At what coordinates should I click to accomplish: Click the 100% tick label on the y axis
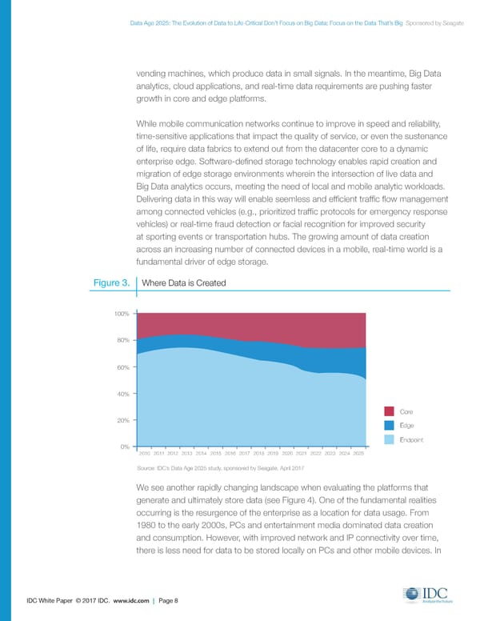click(122, 314)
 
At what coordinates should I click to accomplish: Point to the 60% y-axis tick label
click(124, 367)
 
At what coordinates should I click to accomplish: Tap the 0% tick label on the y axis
click(126, 446)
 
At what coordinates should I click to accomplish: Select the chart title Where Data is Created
click(183, 283)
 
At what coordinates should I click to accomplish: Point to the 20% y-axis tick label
click(124, 420)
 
